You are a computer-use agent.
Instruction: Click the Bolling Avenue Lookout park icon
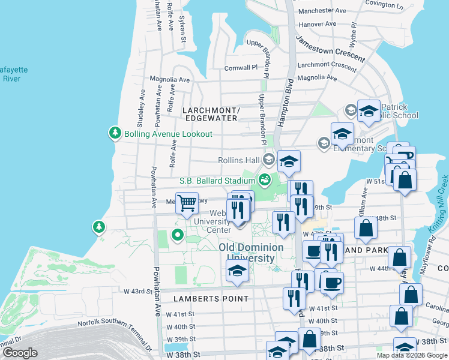coord(115,133)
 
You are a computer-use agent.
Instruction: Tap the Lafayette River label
coord(11,74)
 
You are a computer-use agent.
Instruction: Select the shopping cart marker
coord(187,203)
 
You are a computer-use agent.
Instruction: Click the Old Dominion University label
coord(251,253)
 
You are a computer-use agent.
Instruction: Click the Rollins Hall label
coord(239,160)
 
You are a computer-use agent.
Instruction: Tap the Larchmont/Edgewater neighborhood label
coord(211,114)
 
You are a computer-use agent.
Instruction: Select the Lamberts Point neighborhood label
coord(211,298)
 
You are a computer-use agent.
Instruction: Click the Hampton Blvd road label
coord(285,103)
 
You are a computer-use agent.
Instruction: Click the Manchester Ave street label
coord(322,11)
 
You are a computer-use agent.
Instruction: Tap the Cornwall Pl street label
coord(241,68)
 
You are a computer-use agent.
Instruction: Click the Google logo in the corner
coord(19,353)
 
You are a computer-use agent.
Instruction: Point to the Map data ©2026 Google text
coord(412,355)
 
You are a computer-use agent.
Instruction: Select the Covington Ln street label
coord(384,4)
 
